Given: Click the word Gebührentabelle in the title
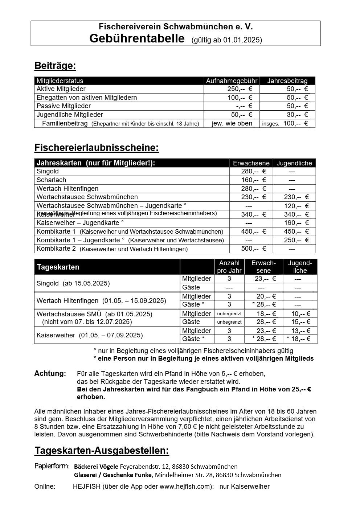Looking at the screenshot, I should pos(137,38).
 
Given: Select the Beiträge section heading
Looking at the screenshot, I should pos(55,66).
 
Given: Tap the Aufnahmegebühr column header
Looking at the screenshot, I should pos(232,81).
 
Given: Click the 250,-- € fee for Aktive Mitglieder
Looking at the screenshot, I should pos(240,89).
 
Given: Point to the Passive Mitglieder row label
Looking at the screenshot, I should pos(64,106).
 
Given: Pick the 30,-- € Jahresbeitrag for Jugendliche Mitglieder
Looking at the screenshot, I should pos(297,115).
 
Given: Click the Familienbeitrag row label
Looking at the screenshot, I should pos(65,123).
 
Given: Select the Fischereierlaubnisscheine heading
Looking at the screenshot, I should pos(97,148).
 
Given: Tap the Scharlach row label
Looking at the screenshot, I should pos(51,180).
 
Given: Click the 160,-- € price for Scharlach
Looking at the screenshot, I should pos(253,180).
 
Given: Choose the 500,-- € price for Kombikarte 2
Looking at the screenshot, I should pos(253,249).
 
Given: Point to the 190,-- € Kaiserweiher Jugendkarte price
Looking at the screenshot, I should pos(296,223).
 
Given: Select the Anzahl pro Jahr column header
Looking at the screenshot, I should pos(229,267).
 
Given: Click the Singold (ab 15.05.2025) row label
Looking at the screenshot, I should pos(73,283).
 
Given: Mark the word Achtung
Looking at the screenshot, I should pos(50,373).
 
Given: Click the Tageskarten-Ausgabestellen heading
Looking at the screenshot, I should pos(102,451).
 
